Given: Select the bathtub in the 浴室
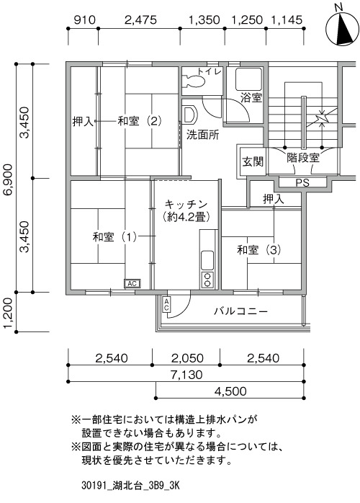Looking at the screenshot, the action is (248, 79).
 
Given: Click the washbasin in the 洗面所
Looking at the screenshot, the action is (189, 115).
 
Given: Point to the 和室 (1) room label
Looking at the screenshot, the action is (114, 237).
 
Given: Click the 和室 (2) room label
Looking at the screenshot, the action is (140, 121).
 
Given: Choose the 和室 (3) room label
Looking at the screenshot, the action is (259, 249).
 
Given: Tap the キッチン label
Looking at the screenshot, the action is (186, 205).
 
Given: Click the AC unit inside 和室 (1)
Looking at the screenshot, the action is (132, 284).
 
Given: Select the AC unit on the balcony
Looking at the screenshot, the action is (167, 304).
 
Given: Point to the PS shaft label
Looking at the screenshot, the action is (302, 182).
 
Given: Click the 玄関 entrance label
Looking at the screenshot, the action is (253, 161).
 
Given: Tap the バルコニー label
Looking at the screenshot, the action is (240, 311).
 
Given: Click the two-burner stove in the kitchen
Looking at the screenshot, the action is (207, 279).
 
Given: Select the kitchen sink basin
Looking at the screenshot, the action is (207, 260).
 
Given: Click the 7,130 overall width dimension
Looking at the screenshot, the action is (186, 374).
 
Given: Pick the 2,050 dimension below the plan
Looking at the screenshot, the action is (187, 358).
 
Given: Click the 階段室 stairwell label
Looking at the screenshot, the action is (303, 158).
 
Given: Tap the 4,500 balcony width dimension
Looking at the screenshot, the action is (230, 391).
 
